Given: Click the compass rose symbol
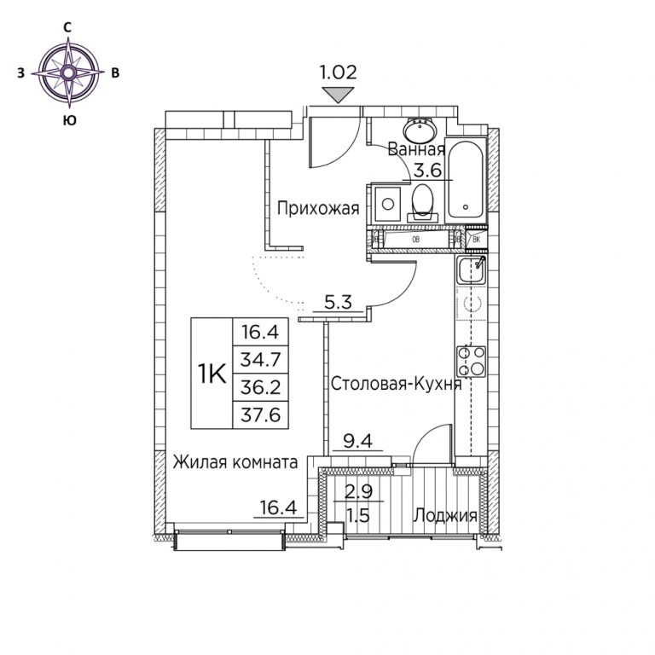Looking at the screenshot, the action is point(68,72).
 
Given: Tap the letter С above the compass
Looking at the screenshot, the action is point(67,27).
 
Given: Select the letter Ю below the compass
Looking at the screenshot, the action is point(69,120).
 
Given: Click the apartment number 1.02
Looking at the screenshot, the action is point(338,72).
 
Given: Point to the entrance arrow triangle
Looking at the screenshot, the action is point(339,96).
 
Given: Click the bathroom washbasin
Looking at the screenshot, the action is point(420,130).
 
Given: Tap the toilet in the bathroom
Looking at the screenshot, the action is point(422,202).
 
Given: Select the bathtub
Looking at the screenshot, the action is point(466,181).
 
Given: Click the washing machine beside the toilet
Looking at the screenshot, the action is point(388,204).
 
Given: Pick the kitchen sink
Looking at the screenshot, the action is point(471,270).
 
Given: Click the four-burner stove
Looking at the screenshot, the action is point(471,362).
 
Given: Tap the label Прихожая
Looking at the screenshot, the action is point(318,207).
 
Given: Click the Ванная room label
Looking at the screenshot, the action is point(416,149).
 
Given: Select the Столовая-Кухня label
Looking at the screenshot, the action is point(397,384).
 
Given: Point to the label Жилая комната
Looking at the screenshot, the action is point(235,462).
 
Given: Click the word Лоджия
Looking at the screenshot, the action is point(445,516).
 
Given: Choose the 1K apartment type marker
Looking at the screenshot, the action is point(212,373).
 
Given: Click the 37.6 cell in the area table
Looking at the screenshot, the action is point(260,414).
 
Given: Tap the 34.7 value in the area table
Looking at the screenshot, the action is point(260,359).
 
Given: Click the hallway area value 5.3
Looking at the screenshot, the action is point(339,302).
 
